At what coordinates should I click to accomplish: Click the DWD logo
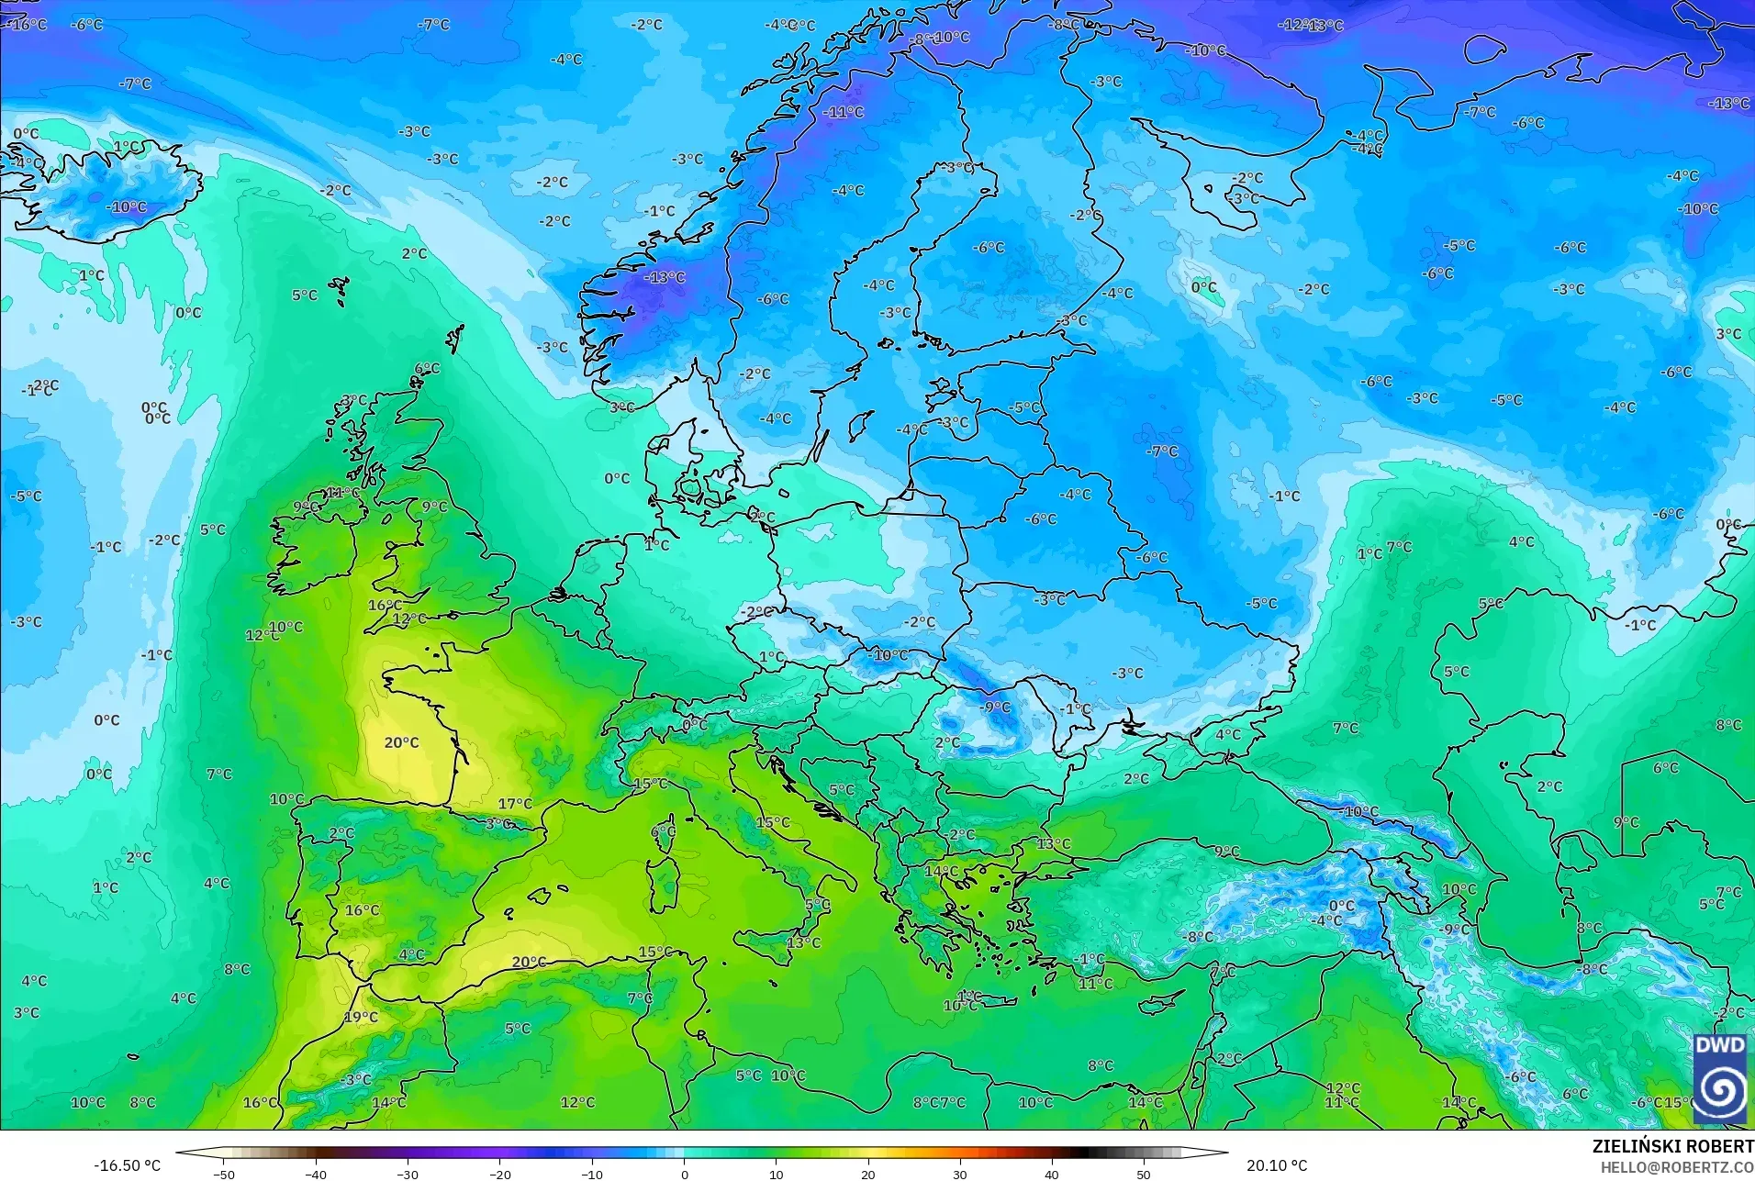[1720, 1077]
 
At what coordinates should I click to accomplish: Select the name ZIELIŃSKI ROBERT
[1672, 1146]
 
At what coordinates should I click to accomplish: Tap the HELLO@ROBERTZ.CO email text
[1677, 1167]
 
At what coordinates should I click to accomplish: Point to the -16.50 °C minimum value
[127, 1165]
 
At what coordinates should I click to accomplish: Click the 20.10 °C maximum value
[1276, 1165]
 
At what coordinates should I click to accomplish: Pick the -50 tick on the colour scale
[224, 1174]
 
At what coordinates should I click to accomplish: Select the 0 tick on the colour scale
[684, 1174]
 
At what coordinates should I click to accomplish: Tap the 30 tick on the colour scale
[959, 1174]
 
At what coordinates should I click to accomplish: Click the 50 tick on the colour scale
[1143, 1174]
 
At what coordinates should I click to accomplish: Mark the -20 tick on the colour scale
[499, 1174]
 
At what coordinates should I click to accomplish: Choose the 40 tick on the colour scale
[1051, 1174]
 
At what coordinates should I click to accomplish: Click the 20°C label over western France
[401, 742]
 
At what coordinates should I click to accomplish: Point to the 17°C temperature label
[515, 804]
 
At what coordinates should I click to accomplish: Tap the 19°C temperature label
[361, 1017]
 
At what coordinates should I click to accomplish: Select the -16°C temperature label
[28, 24]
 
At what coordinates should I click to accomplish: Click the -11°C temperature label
[844, 112]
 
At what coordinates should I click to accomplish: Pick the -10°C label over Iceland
[126, 206]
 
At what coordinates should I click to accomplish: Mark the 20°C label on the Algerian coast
[529, 962]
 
